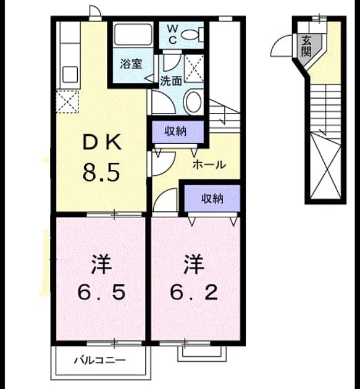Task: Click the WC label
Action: [x=172, y=35]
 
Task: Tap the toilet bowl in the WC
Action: [x=192, y=35]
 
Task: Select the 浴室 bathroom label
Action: [x=132, y=64]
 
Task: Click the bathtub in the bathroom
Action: [x=133, y=35]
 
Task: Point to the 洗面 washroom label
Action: [x=171, y=81]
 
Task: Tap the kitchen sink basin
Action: [x=70, y=75]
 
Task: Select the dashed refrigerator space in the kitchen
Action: [x=67, y=102]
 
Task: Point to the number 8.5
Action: [x=101, y=172]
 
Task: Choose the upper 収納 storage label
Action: [x=176, y=132]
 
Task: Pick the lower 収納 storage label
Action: [x=212, y=198]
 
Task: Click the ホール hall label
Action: [x=209, y=164]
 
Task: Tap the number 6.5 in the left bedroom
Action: [x=101, y=293]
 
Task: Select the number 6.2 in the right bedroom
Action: [x=194, y=293]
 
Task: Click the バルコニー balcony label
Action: [x=100, y=360]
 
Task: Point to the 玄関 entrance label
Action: [x=306, y=46]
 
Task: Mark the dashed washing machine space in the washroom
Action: [x=195, y=68]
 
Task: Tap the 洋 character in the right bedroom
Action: [x=194, y=264]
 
